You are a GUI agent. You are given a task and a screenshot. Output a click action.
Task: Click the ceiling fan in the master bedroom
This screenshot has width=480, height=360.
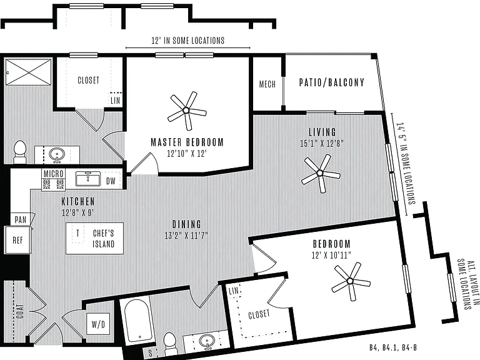(186, 110)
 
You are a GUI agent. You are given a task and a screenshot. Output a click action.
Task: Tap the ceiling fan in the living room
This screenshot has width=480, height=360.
(320, 173)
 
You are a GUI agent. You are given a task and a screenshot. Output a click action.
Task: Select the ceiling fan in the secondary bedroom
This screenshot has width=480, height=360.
(351, 281)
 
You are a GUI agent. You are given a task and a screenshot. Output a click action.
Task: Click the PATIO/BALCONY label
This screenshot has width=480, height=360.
(332, 82)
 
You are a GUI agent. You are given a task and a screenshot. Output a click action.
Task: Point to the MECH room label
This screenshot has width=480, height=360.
(267, 84)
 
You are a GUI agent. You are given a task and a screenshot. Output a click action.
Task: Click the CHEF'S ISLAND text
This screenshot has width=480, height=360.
(104, 239)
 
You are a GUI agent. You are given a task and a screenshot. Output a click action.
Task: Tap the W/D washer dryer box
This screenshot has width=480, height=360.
(98, 324)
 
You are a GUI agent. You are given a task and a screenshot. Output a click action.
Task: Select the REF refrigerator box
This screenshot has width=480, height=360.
(17, 240)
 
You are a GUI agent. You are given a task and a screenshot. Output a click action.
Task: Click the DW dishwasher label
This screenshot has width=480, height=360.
(111, 181)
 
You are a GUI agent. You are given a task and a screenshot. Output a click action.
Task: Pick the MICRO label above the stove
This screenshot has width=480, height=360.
(53, 174)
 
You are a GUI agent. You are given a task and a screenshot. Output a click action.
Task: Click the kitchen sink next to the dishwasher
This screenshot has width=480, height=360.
(88, 179)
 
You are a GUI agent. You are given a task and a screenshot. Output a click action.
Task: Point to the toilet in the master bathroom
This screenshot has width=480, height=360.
(20, 152)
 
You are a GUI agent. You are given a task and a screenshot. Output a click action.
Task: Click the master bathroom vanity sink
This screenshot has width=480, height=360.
(57, 154)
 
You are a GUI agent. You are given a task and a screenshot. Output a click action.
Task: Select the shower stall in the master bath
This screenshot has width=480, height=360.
(29, 72)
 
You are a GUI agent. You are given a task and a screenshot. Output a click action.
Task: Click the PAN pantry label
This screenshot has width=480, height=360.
(21, 219)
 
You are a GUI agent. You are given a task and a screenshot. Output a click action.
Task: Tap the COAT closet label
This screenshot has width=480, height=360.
(20, 311)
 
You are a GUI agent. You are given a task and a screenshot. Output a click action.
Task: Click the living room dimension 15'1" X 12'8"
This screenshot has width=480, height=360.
(322, 143)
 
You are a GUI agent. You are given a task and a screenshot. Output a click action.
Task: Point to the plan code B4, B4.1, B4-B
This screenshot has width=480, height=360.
(393, 347)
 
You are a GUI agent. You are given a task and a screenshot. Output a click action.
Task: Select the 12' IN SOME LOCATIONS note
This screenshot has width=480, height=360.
(188, 41)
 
